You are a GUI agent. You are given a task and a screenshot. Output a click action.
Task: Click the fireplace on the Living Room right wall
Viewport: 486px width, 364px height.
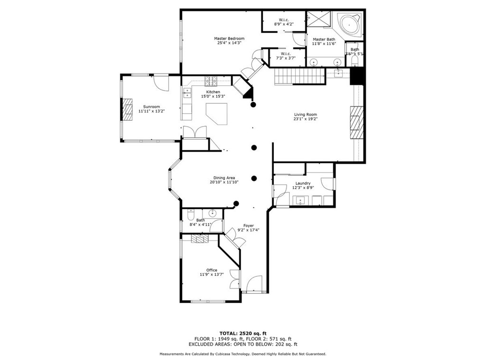click(x=356, y=121)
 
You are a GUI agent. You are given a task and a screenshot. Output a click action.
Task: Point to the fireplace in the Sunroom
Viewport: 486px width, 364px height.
click(x=128, y=109)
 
